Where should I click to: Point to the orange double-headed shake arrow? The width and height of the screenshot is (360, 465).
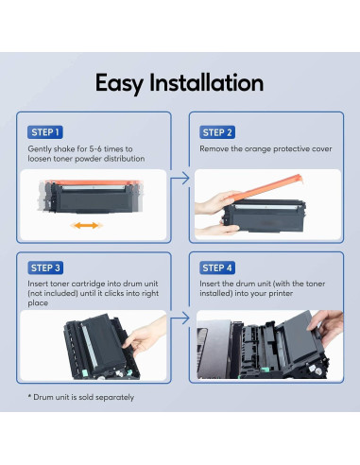pos(85,226)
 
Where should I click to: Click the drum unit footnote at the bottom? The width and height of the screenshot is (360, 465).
pos(83,396)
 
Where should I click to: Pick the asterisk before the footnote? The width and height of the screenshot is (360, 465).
pos(31,395)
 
